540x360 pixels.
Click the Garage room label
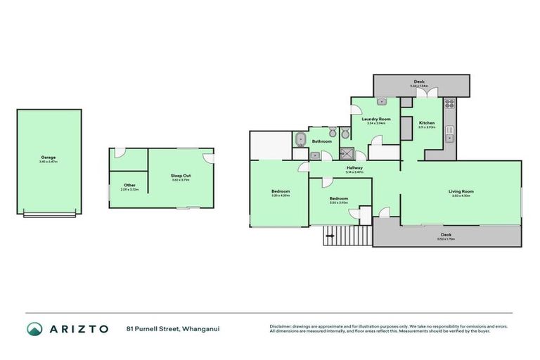tap(49, 157)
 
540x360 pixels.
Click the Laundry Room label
tap(376, 119)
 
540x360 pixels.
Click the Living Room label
tap(461, 191)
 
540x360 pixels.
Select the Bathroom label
tap(322, 141)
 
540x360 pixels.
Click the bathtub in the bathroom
tap(300, 139)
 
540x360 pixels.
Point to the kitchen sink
tap(448, 136)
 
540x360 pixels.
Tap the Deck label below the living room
tap(446, 235)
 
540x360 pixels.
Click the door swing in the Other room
tap(120, 153)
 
